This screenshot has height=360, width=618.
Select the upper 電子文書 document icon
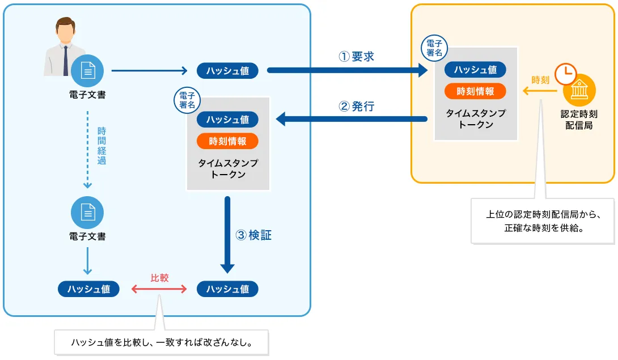pyautogui.click(x=87, y=71)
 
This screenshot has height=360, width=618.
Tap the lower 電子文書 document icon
pyautogui.click(x=87, y=212)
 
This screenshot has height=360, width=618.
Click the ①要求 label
pyautogui.click(x=357, y=57)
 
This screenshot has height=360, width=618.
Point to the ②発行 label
pyautogui.click(x=357, y=107)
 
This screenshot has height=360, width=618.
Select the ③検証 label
pyautogui.click(x=253, y=235)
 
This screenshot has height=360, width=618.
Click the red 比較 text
pyautogui.click(x=159, y=278)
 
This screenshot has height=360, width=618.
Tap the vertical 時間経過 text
pyautogui.click(x=101, y=146)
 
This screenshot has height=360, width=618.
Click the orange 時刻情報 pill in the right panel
pyautogui.click(x=475, y=91)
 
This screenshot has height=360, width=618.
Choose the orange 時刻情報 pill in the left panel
pyautogui.click(x=227, y=141)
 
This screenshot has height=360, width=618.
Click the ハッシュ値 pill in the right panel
pyautogui.click(x=475, y=70)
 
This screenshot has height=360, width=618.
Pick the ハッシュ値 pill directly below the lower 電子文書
pyautogui.click(x=88, y=289)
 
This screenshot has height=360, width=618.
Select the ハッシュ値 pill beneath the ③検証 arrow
pyautogui.click(x=227, y=289)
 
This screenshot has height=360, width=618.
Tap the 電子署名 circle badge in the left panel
pyautogui.click(x=187, y=100)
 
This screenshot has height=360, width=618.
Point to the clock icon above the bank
pyautogui.click(x=565, y=74)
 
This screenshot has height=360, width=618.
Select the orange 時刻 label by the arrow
pyautogui.click(x=540, y=80)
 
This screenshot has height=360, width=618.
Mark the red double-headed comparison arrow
pyautogui.click(x=159, y=289)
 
